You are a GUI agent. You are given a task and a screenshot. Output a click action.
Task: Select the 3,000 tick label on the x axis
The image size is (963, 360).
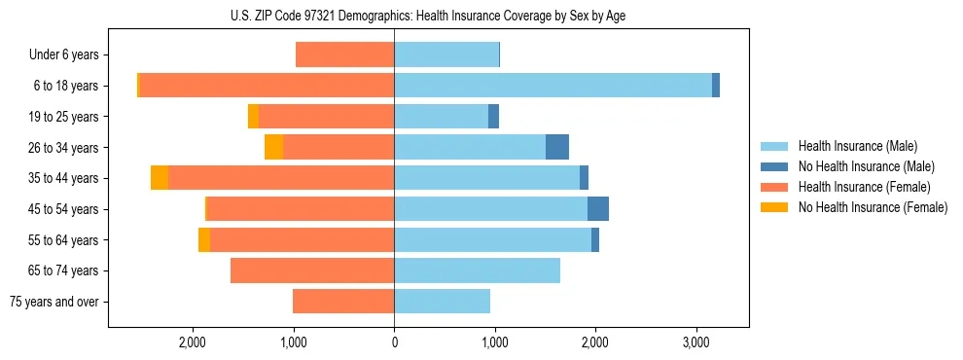coord(695,343)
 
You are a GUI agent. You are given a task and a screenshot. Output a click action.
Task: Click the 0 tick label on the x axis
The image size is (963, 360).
coord(394,343)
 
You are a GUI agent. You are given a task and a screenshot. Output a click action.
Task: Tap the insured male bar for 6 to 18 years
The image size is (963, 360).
coord(553,86)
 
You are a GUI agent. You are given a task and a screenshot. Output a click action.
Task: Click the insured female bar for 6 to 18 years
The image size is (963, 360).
coord(267,86)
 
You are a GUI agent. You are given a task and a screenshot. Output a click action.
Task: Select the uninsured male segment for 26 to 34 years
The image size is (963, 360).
coord(557,147)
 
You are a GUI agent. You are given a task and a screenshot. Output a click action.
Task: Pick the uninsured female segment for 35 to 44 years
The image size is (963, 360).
coord(160,178)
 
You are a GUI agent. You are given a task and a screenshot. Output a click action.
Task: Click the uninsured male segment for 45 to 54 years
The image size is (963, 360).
coord(598,209)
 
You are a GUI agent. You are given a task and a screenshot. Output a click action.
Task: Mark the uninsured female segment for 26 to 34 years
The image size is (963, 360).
coord(274,147)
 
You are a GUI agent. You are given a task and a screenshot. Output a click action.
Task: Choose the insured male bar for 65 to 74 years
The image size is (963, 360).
coord(477,270)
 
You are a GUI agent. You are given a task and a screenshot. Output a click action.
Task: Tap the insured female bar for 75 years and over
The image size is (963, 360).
coord(343,302)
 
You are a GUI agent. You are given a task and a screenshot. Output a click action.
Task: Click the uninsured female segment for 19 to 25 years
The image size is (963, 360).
coord(254,117)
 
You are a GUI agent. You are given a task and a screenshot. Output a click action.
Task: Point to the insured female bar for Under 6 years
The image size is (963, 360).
coord(344,55)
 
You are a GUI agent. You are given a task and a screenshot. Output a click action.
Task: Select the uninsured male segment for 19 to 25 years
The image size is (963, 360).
coord(493,117)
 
